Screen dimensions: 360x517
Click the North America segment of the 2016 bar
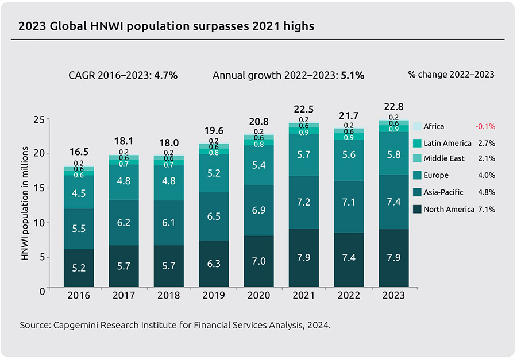(79, 268)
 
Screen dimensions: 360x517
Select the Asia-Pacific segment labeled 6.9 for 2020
(259, 210)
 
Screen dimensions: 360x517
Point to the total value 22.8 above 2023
(393, 107)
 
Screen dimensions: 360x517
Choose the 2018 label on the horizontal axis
(169, 296)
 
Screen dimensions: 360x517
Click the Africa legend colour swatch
(417, 126)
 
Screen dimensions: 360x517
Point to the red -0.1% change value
(485, 126)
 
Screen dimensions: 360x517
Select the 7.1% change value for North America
(486, 209)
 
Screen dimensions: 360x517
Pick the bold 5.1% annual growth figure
(352, 75)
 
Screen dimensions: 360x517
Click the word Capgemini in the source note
(76, 325)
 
